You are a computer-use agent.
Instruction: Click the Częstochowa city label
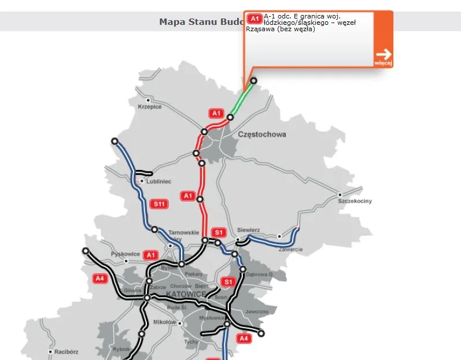[261, 135]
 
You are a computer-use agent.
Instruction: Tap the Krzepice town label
[150, 107]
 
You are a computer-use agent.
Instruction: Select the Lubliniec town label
[158, 181]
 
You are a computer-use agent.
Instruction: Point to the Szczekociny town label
[355, 201]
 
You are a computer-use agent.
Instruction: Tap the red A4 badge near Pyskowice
[101, 278]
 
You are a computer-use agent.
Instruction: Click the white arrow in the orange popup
[383, 54]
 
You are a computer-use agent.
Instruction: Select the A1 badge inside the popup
[255, 18]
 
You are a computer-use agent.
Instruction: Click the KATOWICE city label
[186, 294]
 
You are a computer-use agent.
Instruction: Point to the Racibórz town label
[67, 351]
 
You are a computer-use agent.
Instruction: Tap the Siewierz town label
[248, 230]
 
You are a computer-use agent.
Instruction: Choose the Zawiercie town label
[290, 249]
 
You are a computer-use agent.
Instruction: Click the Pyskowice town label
[125, 254]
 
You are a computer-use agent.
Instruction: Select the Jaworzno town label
[256, 311]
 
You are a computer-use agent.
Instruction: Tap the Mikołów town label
[164, 322]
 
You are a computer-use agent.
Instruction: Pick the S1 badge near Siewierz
[218, 232]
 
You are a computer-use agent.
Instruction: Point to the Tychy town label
[190, 342]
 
